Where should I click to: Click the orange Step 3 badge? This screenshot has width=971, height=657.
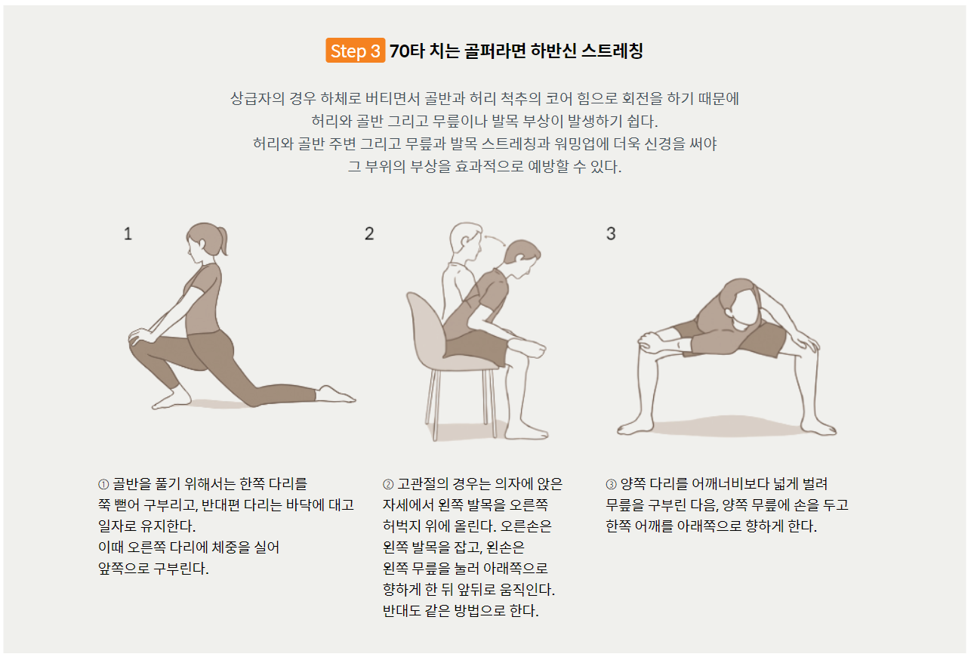coord(355,51)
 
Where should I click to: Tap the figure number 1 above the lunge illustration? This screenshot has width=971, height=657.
coord(128,234)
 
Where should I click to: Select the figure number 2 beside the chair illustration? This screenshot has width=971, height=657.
coord(369,234)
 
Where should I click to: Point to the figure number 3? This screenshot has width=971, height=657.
coord(611,234)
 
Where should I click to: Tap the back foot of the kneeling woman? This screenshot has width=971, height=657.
coord(336,395)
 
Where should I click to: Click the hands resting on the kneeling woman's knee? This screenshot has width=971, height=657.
coord(143,337)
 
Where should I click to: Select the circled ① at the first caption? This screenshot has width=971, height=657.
coord(103,484)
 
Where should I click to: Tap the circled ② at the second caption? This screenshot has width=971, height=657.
coord(388,484)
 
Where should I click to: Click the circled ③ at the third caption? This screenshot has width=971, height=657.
coord(611,484)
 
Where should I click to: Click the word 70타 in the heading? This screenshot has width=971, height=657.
coord(407,51)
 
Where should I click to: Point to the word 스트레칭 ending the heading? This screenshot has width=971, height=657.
coord(612,51)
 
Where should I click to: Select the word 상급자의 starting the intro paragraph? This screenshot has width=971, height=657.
coord(257,98)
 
